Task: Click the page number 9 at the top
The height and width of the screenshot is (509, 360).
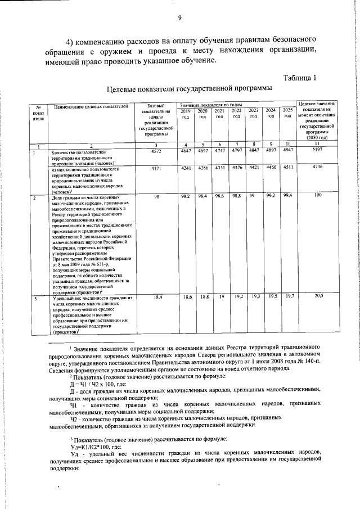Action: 180,17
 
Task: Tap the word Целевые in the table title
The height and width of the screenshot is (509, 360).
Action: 124,89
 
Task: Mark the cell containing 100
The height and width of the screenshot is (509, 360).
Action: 318,195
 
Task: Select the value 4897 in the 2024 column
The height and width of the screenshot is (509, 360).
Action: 271,152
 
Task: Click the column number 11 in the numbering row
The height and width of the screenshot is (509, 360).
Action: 318,145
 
